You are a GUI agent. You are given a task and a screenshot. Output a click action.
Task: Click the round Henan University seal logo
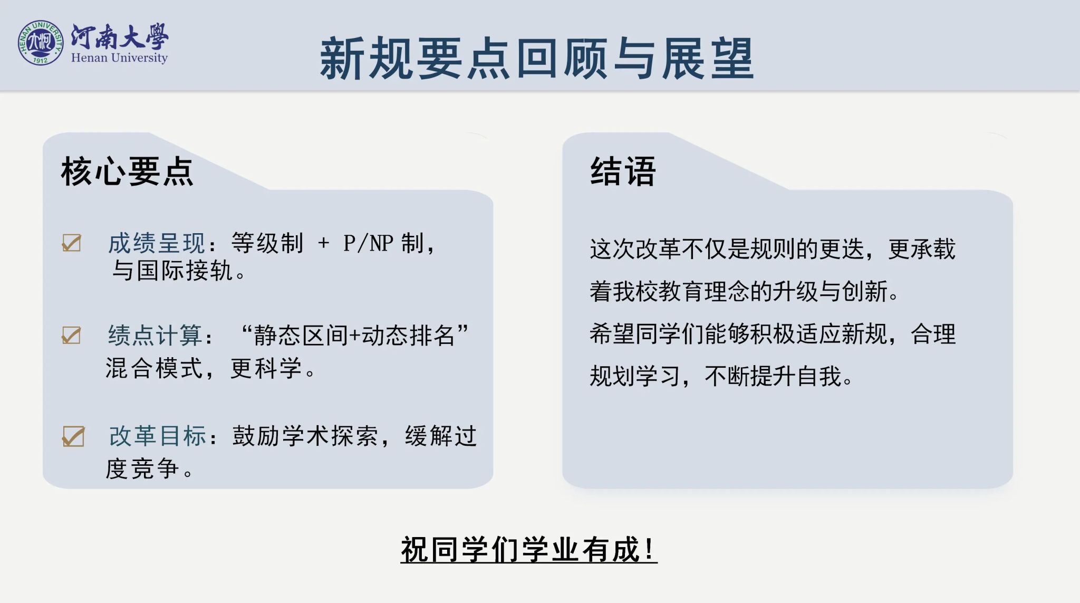tap(41, 43)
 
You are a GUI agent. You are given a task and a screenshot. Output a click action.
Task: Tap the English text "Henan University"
tap(119, 58)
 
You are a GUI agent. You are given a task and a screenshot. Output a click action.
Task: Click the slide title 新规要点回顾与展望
tap(537, 59)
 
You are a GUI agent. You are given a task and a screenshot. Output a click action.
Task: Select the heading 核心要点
tap(127, 171)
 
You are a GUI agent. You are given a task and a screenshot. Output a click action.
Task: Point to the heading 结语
tap(623, 171)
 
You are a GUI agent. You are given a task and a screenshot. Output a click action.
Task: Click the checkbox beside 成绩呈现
tap(72, 243)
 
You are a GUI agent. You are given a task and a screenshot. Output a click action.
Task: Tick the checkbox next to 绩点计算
tap(72, 334)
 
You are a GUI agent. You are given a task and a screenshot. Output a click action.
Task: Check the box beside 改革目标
tap(73, 436)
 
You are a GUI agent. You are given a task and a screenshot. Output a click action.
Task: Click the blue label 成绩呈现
tap(157, 243)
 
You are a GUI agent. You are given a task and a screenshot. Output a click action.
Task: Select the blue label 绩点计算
tap(155, 336)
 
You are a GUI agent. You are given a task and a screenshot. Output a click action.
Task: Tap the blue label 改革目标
tap(157, 436)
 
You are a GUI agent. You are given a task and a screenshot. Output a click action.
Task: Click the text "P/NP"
tap(368, 243)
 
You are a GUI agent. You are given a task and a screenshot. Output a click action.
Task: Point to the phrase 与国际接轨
tap(172, 271)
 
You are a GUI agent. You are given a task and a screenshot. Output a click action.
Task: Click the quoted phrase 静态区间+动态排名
tap(354, 336)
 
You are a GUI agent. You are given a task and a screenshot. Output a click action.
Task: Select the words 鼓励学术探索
tap(305, 436)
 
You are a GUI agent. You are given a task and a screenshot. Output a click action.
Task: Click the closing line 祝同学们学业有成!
tap(528, 550)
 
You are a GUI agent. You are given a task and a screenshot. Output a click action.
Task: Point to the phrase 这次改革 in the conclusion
tap(635, 249)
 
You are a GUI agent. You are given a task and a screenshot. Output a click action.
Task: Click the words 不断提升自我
tap(773, 376)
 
